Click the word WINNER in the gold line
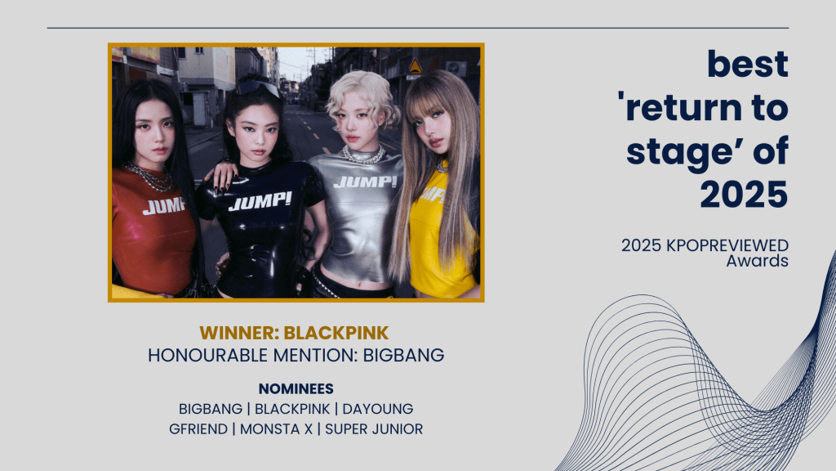point(239,333)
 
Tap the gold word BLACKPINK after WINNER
point(336,333)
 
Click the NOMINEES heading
point(296,388)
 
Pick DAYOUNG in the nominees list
point(377,409)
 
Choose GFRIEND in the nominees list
point(198,429)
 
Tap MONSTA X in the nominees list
point(276,429)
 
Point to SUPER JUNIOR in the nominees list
point(374,429)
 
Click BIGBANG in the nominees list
point(210,409)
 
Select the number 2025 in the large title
point(744,194)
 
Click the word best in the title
point(748,64)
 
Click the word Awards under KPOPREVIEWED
point(757,261)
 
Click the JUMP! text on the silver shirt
point(365,182)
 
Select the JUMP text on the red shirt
point(163,206)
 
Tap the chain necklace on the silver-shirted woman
point(363,155)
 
